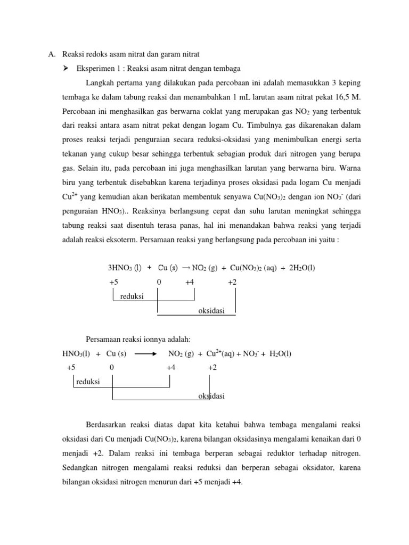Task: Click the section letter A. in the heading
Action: tap(52, 54)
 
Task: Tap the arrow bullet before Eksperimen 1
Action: tap(67, 68)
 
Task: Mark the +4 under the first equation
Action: tap(190, 282)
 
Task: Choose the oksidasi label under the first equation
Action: tap(211, 311)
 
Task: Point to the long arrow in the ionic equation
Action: tap(145, 354)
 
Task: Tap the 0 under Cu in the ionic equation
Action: tap(111, 368)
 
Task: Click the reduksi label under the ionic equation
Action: tap(88, 382)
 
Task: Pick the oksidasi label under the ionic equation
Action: tap(211, 396)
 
